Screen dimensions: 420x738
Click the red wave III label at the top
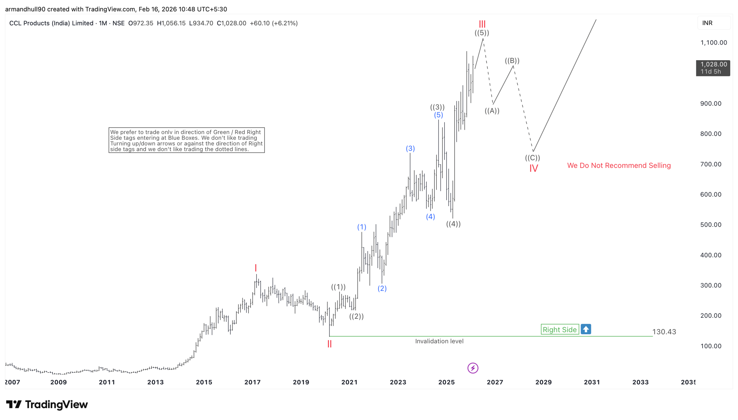pos(482,24)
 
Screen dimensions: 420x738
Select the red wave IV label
pos(533,168)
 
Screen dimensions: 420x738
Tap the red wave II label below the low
pos(329,344)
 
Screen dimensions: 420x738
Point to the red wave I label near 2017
pos(255,268)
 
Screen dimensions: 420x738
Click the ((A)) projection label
pos(492,111)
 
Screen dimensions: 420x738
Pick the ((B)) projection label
pos(512,60)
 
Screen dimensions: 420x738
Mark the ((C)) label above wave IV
pos(532,157)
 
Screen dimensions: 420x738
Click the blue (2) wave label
pos(382,288)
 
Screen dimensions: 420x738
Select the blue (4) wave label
pos(430,216)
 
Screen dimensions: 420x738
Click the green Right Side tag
pos(560,329)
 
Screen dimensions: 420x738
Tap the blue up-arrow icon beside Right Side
pos(585,329)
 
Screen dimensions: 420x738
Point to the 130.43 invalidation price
pos(664,332)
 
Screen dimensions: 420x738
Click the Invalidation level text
pos(439,341)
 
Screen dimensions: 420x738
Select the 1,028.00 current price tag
pos(713,68)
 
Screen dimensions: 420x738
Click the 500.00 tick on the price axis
pos(710,225)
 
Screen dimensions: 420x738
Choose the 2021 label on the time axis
pos(349,382)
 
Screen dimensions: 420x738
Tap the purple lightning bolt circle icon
pos(472,368)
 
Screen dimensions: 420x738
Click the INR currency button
pos(707,23)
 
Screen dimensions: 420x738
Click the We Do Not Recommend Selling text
pos(619,165)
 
